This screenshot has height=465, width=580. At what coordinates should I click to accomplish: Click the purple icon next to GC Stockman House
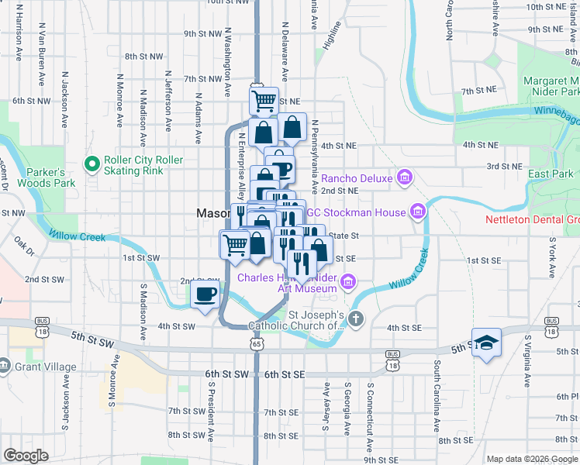417,212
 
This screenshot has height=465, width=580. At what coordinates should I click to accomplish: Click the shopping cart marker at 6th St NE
264,100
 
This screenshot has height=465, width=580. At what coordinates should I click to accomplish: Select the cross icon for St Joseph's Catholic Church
355,319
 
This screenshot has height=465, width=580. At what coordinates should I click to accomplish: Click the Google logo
26,456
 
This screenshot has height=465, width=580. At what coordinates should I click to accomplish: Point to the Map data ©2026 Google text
531,459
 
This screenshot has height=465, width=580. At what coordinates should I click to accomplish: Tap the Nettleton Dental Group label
532,219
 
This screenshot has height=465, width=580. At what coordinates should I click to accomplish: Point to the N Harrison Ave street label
17,35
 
